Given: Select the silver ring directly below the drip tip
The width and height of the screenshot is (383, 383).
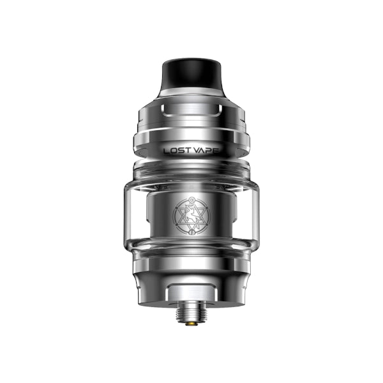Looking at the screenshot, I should pos(191,92).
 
